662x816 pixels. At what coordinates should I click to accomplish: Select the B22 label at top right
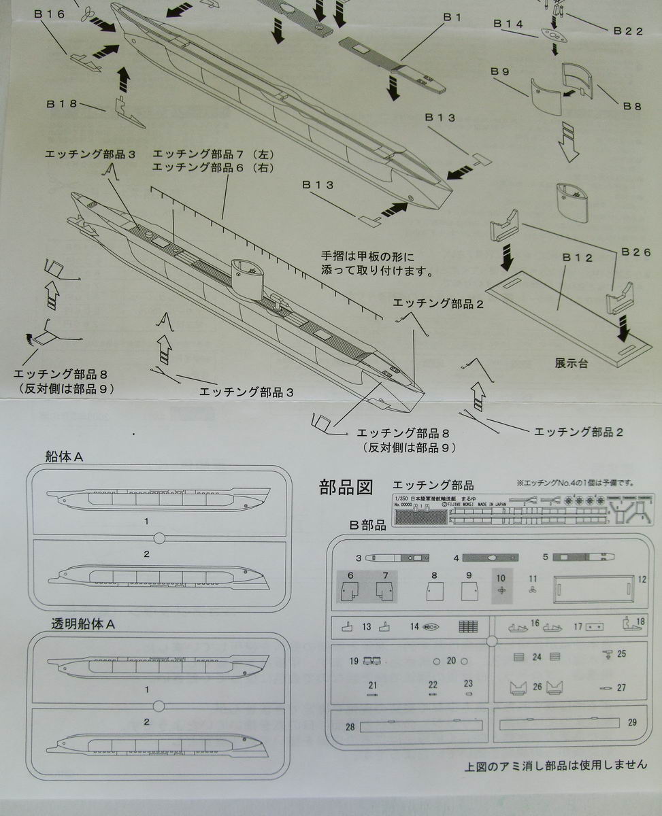[x=628, y=30]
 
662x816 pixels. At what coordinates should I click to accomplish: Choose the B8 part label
[x=633, y=106]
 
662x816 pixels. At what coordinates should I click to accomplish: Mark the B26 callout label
[x=636, y=252]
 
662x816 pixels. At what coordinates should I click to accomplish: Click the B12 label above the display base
[x=578, y=258]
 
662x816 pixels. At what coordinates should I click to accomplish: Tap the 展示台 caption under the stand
[x=571, y=364]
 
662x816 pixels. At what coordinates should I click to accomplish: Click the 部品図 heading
[x=346, y=487]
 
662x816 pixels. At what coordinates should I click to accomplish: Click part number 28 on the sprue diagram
[x=350, y=727]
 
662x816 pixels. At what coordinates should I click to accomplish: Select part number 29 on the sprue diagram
[x=632, y=722]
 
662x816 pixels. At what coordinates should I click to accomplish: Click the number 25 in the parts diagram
[x=621, y=653]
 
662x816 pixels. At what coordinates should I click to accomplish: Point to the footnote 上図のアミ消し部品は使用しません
[x=556, y=764]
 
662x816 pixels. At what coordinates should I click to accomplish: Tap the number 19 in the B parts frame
[x=354, y=660]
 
